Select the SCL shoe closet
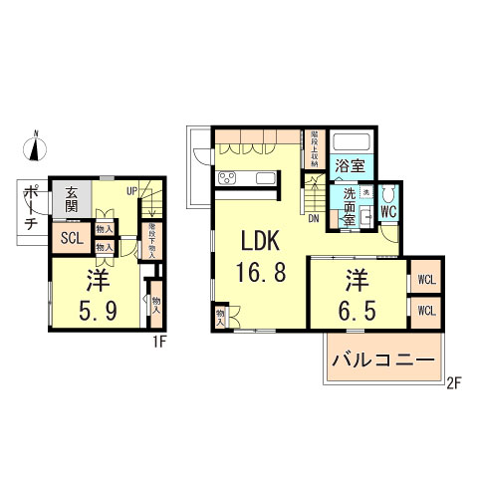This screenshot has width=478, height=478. tap(71, 238)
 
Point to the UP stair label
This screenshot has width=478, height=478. tap(130, 191)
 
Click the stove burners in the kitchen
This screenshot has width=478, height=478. tap(225, 179)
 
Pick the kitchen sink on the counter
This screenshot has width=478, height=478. tap(264, 179)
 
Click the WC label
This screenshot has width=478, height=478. tap(388, 211)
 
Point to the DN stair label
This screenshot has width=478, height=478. tap(313, 217)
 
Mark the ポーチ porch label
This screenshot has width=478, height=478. tap(30, 208)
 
